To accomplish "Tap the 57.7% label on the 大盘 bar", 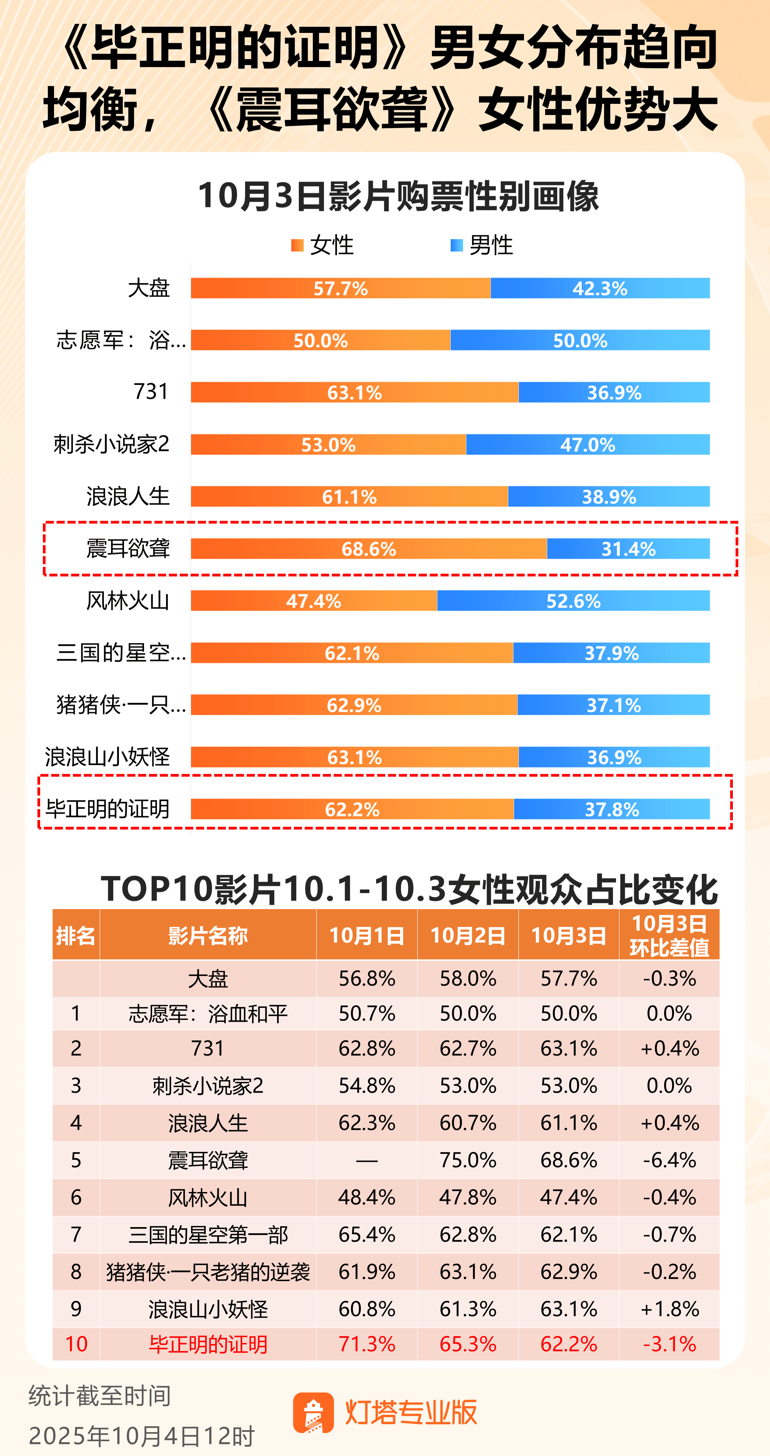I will tap(341, 289).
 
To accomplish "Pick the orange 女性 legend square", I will tap(297, 245).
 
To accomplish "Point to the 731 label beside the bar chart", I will tap(151, 391).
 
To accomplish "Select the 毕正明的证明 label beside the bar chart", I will tap(107, 809).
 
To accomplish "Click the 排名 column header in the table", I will tap(76, 935).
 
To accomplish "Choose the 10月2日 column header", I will tap(468, 935).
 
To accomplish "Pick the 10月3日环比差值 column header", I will tap(669, 935).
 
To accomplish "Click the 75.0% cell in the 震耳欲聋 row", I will tap(468, 1160).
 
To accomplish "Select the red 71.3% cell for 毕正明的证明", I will tap(367, 1344).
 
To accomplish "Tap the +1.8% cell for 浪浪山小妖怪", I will tap(669, 1309).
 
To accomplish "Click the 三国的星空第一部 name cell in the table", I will tap(208, 1234).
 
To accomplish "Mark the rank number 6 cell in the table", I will tap(76, 1197).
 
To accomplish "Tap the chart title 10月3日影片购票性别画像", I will tap(398, 196).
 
